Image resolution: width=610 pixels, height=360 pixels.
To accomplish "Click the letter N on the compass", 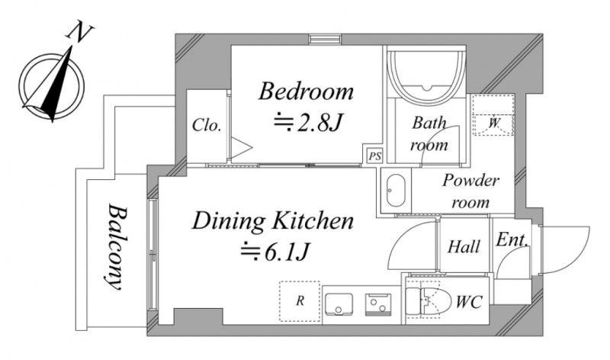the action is coord(81,34).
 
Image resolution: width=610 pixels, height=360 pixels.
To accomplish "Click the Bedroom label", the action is coord(307,91).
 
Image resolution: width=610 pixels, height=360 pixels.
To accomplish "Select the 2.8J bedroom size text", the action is coord(307,122).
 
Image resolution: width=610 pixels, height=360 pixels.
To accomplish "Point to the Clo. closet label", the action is coord(207,125).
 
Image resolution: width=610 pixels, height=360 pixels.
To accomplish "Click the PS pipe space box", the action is coord(375,156).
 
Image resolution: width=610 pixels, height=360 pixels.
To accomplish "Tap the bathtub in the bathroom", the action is coord(428,74).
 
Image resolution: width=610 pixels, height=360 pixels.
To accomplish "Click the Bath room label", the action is coord(429,133).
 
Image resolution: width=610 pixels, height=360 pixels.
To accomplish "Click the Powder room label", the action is coord(470,191).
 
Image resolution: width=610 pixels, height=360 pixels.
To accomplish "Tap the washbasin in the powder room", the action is coord(396,191).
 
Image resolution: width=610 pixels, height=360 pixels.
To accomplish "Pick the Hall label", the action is coord(464,246).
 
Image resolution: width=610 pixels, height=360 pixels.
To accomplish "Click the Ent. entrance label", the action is coord(512,239).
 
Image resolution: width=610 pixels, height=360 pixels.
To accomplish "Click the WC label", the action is coord(469,302).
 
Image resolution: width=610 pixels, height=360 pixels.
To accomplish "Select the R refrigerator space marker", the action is coord(300,301).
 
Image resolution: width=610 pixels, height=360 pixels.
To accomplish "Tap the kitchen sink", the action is coord(339,304).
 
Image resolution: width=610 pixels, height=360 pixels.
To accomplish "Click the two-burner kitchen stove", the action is coord(378,304).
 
